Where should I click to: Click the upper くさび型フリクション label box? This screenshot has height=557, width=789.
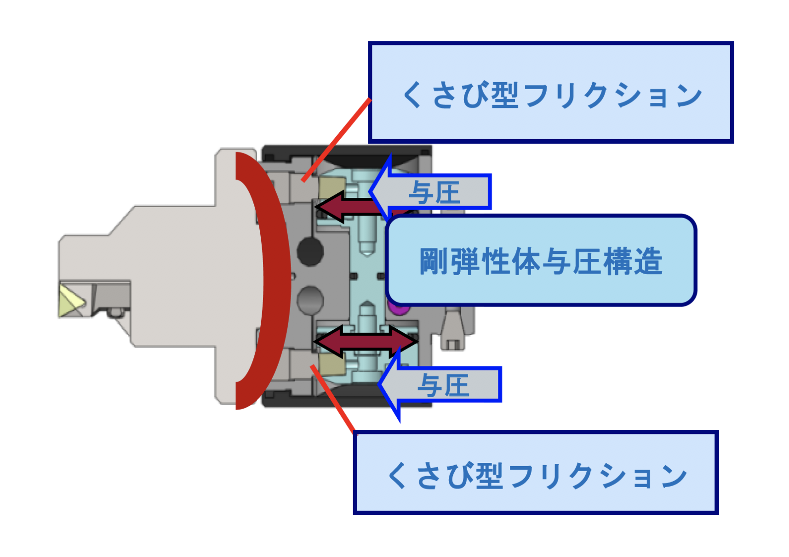pyautogui.click(x=550, y=92)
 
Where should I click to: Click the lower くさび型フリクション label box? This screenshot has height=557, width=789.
pyautogui.click(x=536, y=473)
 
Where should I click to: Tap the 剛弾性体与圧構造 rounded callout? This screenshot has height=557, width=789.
pyautogui.click(x=541, y=260)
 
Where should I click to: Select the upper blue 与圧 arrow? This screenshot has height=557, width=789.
pyautogui.click(x=432, y=192)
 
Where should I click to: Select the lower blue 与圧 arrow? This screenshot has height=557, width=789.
pyautogui.click(x=441, y=384)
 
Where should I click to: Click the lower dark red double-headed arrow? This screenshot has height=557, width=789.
pyautogui.click(x=366, y=341)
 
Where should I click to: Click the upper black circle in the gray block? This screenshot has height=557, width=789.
pyautogui.click(x=310, y=251)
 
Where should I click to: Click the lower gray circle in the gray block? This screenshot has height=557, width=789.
pyautogui.click(x=310, y=300)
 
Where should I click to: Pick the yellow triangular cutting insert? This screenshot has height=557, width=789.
pyautogui.click(x=70, y=301)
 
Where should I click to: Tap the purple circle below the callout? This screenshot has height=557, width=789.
pyautogui.click(x=399, y=309)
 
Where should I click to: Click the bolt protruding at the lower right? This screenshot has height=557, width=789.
pyautogui.click(x=452, y=328)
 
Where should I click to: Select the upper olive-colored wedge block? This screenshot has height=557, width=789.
pyautogui.click(x=332, y=189)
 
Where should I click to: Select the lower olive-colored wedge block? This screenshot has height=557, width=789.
pyautogui.click(x=332, y=365)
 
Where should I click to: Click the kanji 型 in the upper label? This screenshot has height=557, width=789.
pyautogui.click(x=505, y=96)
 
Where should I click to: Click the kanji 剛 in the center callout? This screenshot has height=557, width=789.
pyautogui.click(x=434, y=261)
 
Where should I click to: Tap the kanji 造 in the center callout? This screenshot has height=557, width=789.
pyautogui.click(x=648, y=261)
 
